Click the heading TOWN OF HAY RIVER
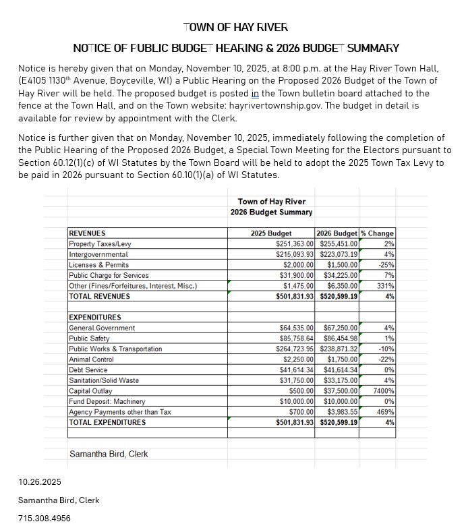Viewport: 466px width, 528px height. pyautogui.click(x=235, y=28)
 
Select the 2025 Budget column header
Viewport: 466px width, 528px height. pyautogui.click(x=271, y=233)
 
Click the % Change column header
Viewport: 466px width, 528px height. pyautogui.click(x=378, y=233)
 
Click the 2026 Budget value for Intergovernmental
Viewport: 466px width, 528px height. pyautogui.click(x=339, y=255)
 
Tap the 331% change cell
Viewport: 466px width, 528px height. pyautogui.click(x=385, y=286)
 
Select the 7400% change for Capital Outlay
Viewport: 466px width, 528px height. pyautogui.click(x=382, y=391)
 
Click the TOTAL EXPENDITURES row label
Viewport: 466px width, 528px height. pyautogui.click(x=107, y=422)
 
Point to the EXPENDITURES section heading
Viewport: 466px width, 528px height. pyautogui.click(x=95, y=318)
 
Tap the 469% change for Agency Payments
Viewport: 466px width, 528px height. pyautogui.click(x=385, y=412)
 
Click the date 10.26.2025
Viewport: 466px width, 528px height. pyautogui.click(x=40, y=482)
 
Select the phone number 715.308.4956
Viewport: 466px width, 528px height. pyautogui.click(x=45, y=519)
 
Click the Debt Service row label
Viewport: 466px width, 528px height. pyautogui.click(x=88, y=370)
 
